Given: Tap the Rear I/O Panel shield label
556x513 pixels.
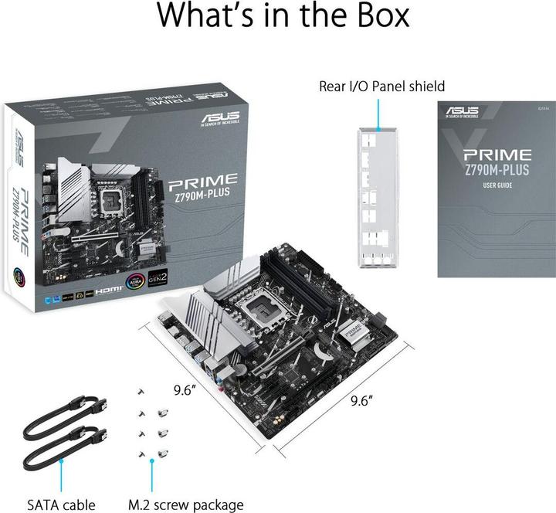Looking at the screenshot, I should [x=381, y=86].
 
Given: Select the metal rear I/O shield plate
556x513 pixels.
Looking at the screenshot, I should [x=377, y=197].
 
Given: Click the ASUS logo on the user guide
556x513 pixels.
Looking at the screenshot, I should [x=461, y=111].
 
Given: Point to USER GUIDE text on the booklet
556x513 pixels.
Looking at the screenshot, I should [x=497, y=185].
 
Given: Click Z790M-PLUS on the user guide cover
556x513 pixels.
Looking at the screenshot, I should [x=497, y=169].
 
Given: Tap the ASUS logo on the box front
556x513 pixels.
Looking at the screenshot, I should [x=222, y=118].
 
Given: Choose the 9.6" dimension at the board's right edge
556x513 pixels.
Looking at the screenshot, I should [x=361, y=400].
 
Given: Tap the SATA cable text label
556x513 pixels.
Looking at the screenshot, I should [x=61, y=505].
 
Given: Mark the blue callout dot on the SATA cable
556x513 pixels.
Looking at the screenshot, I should [x=61, y=461].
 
